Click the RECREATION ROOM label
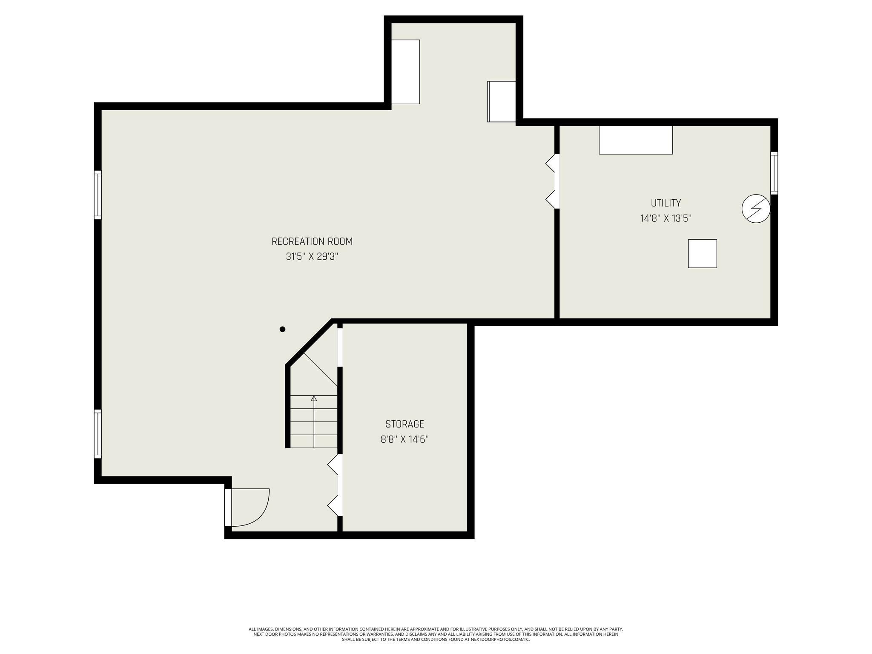tap(312, 241)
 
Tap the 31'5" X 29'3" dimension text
tap(312, 256)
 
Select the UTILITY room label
tap(666, 203)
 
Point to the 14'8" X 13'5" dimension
tap(666, 218)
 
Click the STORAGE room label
tap(404, 424)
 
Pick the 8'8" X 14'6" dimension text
tap(404, 439)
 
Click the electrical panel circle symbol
tap(756, 209)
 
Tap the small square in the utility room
tap(703, 254)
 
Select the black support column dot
tap(282, 329)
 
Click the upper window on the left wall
tap(98, 195)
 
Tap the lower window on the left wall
tap(98, 434)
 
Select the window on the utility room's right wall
tap(774, 173)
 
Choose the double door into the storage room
tap(335, 485)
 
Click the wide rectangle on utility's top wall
tap(636, 140)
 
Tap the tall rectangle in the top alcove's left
tap(405, 72)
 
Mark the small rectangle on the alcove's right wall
tap(502, 102)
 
